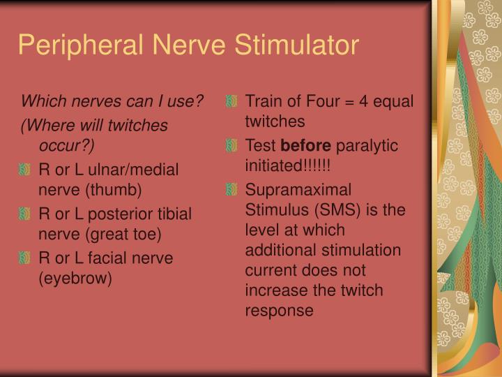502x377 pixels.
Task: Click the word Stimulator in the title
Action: [296, 45]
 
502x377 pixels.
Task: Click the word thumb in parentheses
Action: [119, 189]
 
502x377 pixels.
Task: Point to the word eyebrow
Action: [75, 277]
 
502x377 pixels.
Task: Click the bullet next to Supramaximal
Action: [232, 190]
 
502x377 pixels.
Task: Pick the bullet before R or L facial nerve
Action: [26, 258]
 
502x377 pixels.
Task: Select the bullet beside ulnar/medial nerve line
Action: [26, 170]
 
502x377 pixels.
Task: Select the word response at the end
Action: [278, 309]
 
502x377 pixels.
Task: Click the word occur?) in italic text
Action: [67, 145]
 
